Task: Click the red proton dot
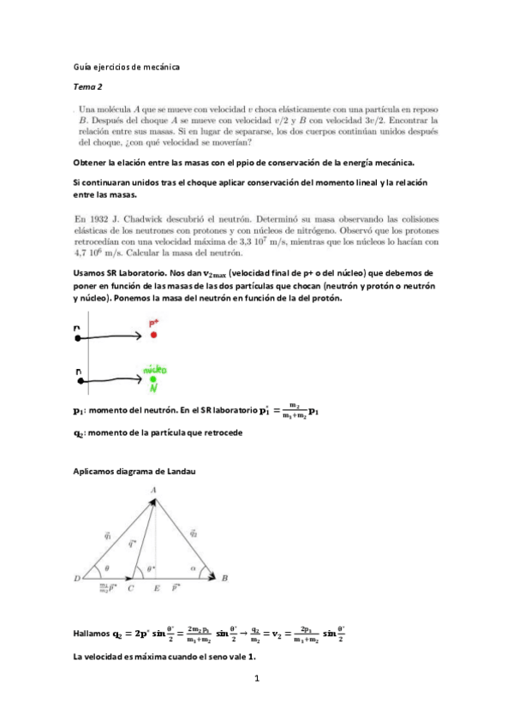click(x=154, y=335)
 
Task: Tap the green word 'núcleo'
click(x=155, y=370)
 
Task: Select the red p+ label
click(x=154, y=324)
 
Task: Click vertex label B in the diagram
click(x=224, y=580)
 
